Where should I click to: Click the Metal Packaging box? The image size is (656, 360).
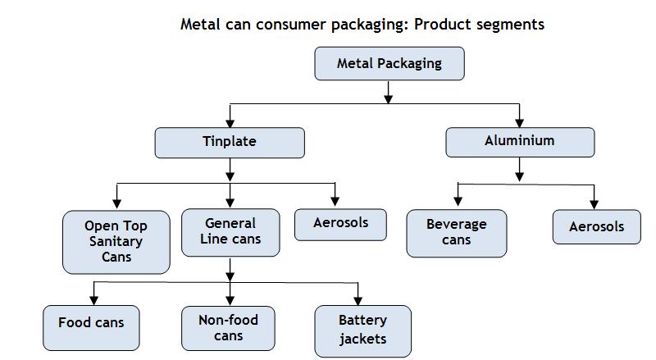(389, 64)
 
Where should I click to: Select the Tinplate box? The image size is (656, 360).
(230, 142)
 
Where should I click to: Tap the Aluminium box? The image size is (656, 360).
(519, 141)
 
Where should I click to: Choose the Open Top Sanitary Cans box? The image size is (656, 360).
(116, 242)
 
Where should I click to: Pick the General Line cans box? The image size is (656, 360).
(230, 232)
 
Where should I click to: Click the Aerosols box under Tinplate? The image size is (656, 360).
(340, 223)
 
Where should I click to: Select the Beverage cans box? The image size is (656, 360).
(456, 232)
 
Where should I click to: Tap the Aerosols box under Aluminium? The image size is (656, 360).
(596, 227)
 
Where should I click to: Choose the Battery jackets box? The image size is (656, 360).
(362, 330)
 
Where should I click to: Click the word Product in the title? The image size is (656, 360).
(441, 24)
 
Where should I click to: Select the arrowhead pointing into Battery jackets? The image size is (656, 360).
(358, 299)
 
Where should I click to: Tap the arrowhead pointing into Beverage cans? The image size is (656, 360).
(458, 203)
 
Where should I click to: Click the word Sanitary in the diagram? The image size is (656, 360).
(116, 242)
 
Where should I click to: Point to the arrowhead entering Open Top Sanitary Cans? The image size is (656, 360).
(117, 203)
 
